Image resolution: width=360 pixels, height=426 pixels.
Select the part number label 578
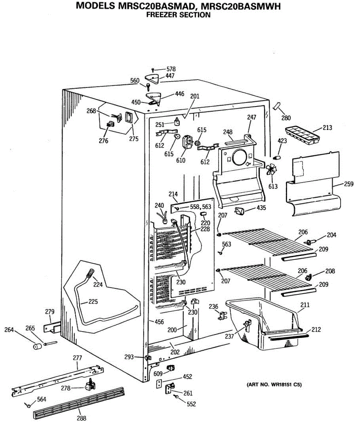[171, 69]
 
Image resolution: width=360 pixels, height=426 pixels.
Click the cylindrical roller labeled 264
[37, 346]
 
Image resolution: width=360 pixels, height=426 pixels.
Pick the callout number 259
[348, 184]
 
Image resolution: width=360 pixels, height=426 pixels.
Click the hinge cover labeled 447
[153, 79]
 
